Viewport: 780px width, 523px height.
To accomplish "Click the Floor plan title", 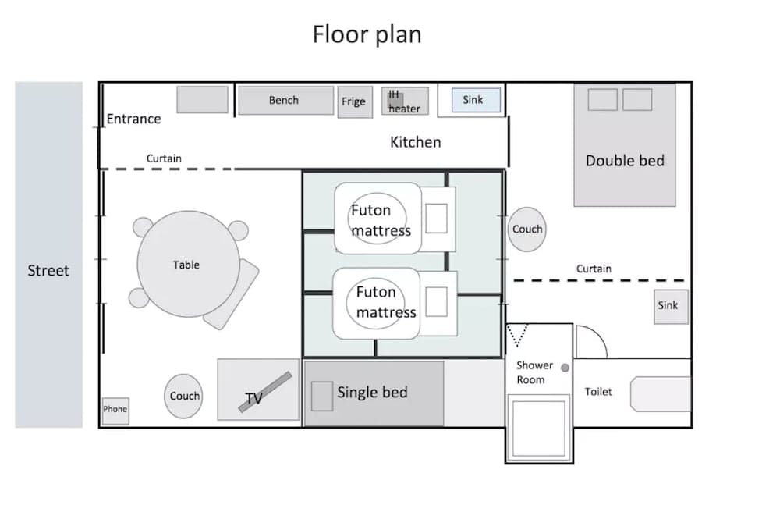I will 367,34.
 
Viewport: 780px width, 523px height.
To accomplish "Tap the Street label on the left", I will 48,271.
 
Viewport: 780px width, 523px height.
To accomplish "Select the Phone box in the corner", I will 115,409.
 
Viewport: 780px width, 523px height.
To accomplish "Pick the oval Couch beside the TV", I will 185,396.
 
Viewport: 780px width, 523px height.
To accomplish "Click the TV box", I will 258,390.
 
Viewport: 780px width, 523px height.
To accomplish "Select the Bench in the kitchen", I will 285,100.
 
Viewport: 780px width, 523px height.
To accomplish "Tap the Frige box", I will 354,102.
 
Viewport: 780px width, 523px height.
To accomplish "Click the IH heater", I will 404,101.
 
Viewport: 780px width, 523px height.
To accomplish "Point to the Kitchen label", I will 415,142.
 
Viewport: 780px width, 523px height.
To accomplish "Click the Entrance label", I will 133,119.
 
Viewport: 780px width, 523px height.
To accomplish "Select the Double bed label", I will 625,161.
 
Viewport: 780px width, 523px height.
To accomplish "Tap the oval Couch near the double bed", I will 527,229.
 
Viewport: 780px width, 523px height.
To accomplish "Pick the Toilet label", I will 598,392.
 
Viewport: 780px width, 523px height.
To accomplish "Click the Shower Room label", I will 534,372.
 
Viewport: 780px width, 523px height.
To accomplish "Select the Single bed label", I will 372,392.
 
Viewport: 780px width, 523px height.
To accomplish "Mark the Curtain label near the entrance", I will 164,158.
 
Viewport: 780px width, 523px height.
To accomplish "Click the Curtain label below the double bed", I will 594,269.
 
